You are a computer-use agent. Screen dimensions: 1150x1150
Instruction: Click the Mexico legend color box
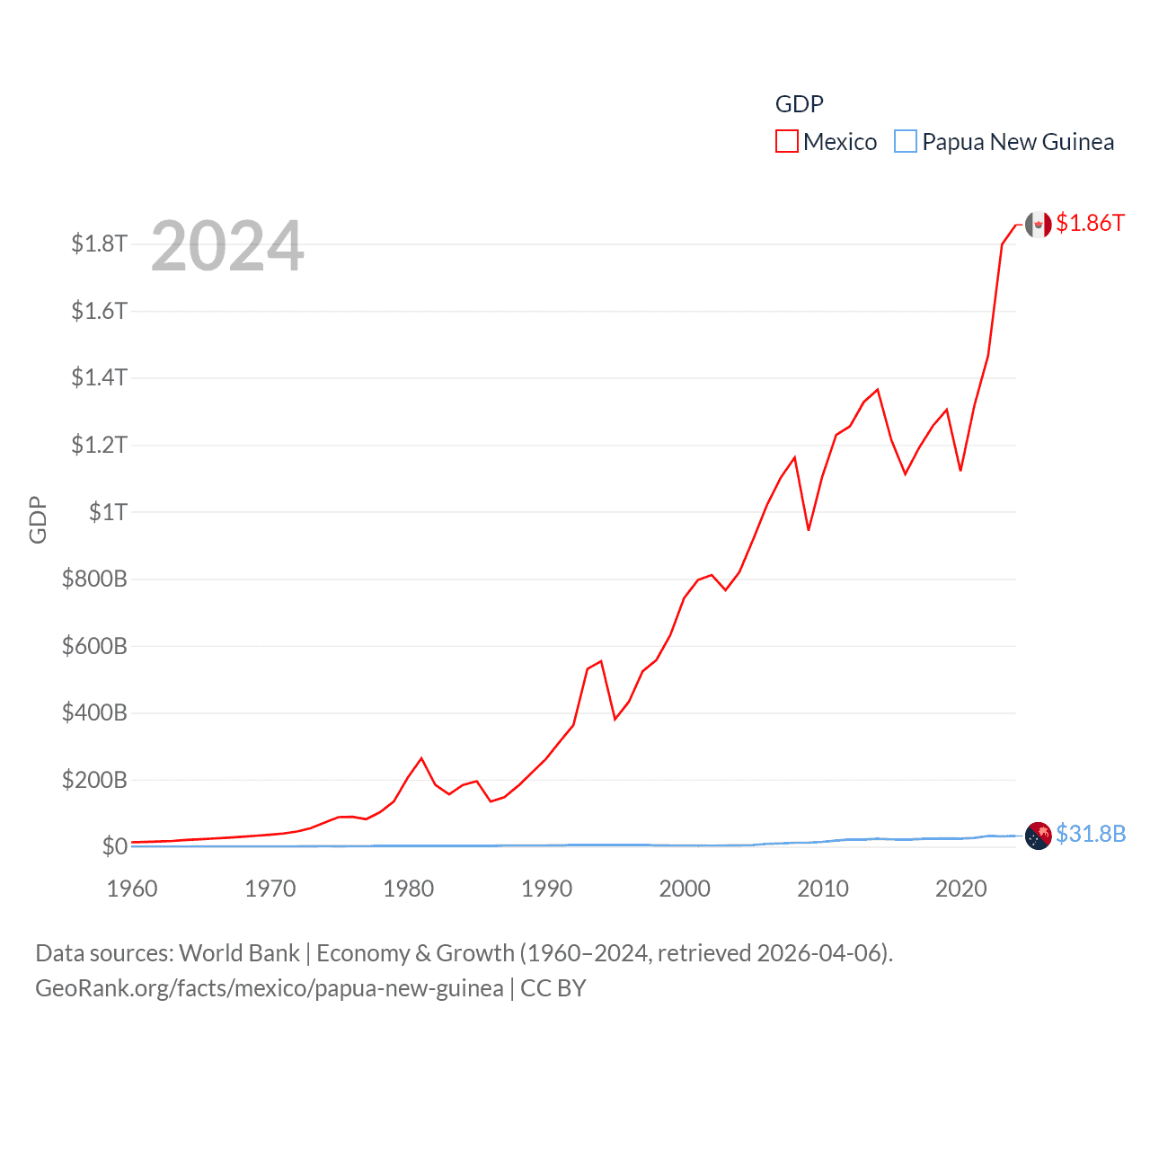point(787,142)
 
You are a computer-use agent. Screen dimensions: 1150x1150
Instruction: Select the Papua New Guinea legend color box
point(906,142)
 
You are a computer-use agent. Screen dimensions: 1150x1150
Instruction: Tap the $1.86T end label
point(1090,223)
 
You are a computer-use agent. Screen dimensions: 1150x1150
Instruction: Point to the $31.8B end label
point(1091,834)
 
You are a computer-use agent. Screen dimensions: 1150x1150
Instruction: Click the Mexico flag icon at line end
point(1039,225)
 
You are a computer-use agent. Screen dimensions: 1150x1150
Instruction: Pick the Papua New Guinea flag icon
point(1039,836)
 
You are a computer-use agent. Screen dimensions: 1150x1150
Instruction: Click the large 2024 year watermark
point(227,246)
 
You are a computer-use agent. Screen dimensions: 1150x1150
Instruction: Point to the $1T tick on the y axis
point(108,512)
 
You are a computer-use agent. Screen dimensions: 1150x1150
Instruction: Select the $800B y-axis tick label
point(94,579)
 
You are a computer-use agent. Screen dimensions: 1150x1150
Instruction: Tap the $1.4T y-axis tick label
point(99,377)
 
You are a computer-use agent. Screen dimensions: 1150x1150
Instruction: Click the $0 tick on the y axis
point(115,846)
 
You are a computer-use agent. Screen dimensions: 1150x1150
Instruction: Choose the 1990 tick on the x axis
point(546,889)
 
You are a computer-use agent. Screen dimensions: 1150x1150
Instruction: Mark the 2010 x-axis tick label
point(823,889)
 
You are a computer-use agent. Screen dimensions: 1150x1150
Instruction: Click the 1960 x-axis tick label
point(132,889)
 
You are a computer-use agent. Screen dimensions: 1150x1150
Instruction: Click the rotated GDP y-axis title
point(38,519)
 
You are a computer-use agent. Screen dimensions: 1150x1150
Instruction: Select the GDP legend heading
point(799,104)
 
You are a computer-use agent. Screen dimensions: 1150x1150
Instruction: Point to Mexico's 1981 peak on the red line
point(421,758)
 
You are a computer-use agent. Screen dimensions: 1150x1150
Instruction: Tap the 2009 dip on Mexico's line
point(809,530)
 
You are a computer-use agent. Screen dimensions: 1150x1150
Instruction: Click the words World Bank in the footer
point(240,953)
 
